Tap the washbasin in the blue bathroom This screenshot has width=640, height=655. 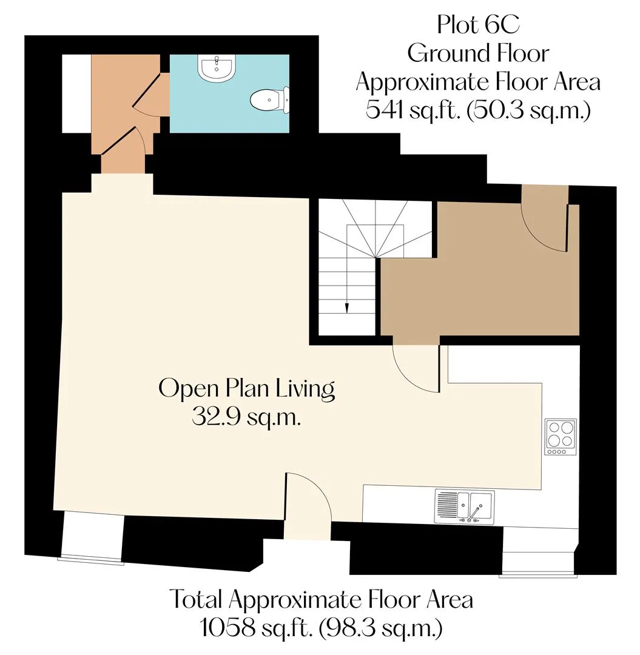(217, 68)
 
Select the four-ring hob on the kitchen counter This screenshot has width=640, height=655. (561, 437)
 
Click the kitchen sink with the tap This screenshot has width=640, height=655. (464, 506)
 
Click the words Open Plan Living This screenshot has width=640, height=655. (246, 389)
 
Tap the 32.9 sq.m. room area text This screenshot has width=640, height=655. (246, 417)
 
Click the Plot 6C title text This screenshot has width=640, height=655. (478, 24)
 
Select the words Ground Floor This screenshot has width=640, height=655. (478, 53)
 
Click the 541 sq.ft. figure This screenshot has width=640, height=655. (411, 110)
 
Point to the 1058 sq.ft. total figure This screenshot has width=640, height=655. (256, 628)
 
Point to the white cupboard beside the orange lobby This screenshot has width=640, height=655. (76, 93)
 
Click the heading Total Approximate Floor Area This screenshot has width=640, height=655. (321, 600)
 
